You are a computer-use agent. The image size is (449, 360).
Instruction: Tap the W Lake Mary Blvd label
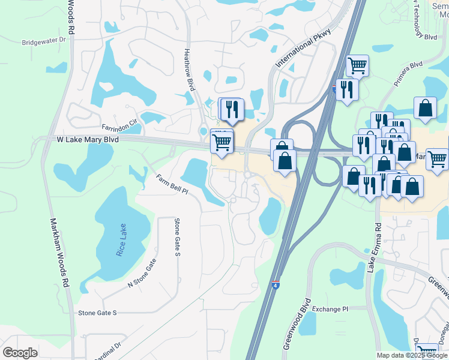pyautogui.click(x=88, y=139)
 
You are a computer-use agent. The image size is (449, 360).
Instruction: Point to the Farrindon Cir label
pyautogui.click(x=120, y=121)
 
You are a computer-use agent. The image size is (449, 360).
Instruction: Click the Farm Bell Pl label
pyautogui.click(x=172, y=185)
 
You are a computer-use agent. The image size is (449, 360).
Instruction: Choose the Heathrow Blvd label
pyautogui.click(x=190, y=69)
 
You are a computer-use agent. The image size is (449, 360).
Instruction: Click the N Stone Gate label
pyautogui.click(x=142, y=273)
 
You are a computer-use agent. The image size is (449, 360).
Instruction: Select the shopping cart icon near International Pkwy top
pyautogui.click(x=357, y=65)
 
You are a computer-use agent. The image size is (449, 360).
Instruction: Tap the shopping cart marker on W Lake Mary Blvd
pyautogui.click(x=222, y=143)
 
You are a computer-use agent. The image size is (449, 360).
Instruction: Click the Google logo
pyautogui.click(x=20, y=353)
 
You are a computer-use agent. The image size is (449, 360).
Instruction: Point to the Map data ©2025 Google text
pyautogui.click(x=412, y=355)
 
